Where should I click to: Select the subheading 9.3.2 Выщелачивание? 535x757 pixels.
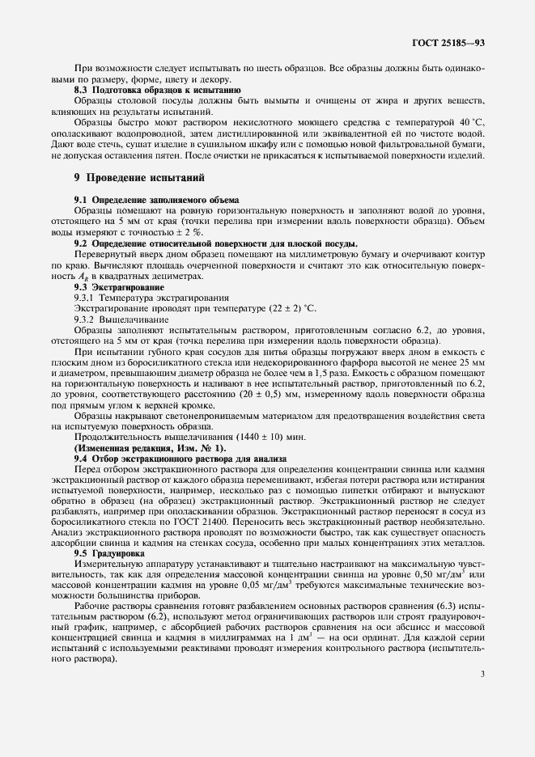[x=121, y=319]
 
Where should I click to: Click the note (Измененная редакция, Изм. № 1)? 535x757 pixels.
[x=151, y=448]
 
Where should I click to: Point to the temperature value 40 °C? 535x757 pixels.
[x=469, y=121]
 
